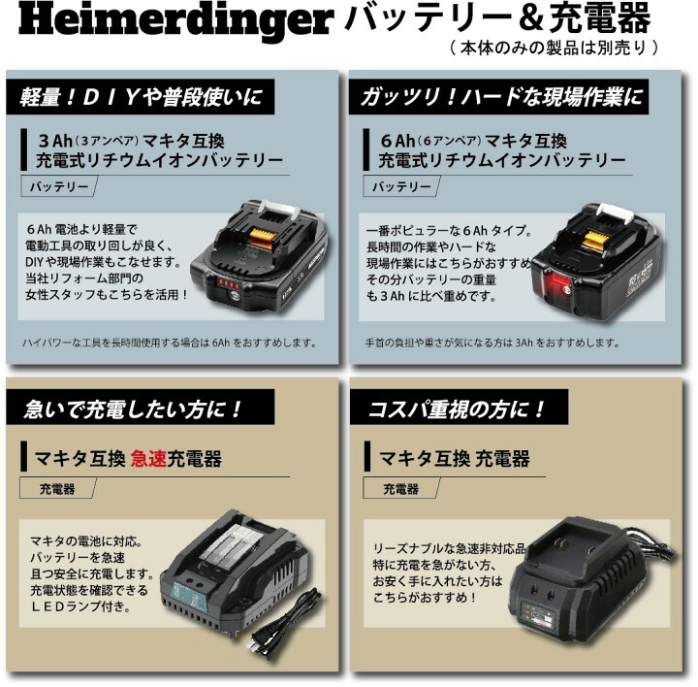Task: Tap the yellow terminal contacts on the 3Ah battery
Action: (x=265, y=233)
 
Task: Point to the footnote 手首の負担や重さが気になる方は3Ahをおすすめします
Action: (x=505, y=342)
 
